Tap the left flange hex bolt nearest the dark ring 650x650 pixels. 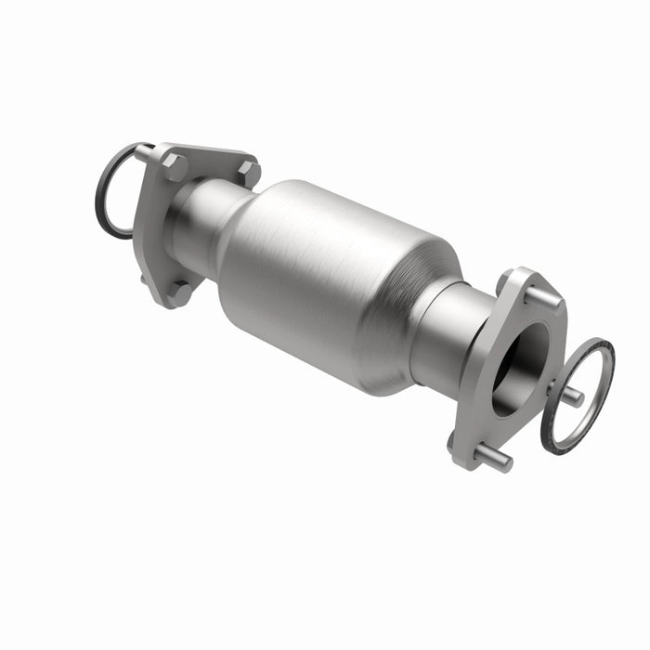coord(174,166)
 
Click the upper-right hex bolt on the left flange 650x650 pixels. coord(248,174)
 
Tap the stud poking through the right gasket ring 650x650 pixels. coord(572,396)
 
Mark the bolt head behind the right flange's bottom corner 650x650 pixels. coord(454,440)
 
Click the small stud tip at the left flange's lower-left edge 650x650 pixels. coord(143,276)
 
